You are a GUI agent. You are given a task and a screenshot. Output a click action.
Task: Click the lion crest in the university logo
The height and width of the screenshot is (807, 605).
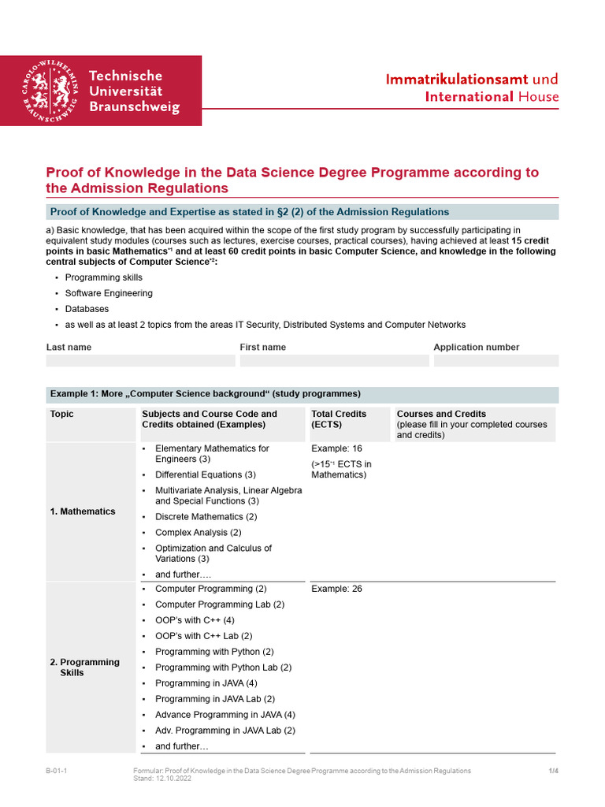click(49, 91)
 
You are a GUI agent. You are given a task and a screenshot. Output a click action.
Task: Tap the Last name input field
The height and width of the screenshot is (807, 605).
click(140, 361)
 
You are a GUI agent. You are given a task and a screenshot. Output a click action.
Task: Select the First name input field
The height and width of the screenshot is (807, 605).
click(334, 361)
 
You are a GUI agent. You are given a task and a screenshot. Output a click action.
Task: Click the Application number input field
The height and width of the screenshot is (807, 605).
click(496, 361)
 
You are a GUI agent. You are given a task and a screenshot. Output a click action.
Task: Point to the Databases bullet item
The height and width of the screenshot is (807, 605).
click(87, 309)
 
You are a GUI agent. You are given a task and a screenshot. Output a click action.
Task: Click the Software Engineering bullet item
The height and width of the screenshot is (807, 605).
click(109, 293)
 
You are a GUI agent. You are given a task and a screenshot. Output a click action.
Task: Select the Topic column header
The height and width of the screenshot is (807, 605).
click(62, 414)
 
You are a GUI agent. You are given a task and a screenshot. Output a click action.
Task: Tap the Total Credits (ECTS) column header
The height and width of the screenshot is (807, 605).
click(339, 419)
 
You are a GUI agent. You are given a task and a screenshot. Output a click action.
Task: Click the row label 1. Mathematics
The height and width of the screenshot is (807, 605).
click(83, 511)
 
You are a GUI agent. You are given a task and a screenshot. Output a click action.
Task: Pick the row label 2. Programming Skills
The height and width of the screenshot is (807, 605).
click(84, 668)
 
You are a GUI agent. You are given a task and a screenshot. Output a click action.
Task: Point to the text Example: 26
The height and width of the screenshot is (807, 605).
click(336, 589)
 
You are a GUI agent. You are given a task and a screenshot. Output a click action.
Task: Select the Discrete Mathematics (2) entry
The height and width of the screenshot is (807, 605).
click(206, 517)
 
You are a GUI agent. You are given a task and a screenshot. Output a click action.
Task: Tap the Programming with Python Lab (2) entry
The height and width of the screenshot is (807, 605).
click(223, 668)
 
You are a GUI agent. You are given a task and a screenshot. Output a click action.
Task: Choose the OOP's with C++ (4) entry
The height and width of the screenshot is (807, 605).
click(195, 620)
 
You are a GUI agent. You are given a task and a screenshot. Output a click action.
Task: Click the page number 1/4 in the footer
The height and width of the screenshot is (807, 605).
click(553, 771)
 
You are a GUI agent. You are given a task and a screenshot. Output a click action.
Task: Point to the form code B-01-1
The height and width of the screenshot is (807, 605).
click(56, 771)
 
